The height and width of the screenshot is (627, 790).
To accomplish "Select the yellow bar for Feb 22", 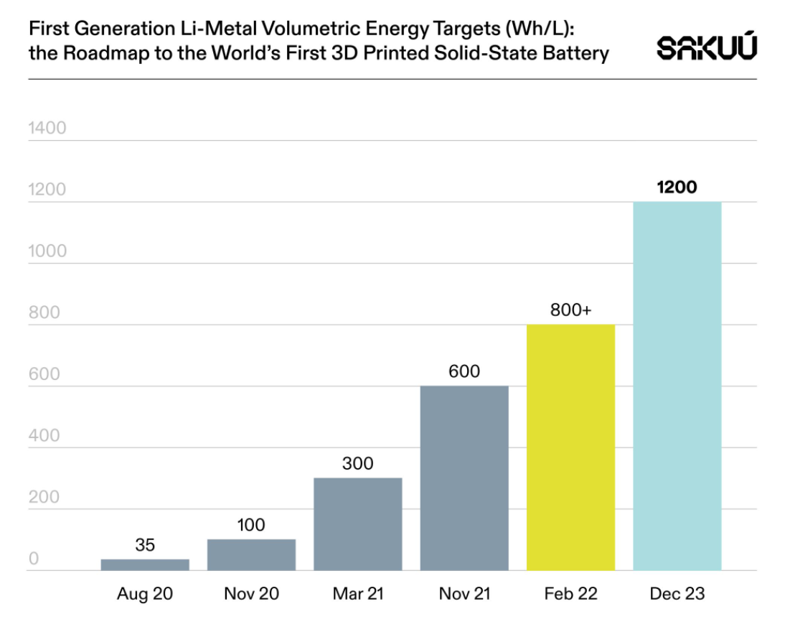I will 570,447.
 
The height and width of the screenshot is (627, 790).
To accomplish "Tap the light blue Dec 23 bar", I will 677,386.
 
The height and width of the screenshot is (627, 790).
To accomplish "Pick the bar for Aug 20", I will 145,565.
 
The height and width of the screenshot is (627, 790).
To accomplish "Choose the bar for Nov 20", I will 251,554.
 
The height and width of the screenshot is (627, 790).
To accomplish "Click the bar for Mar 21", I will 357,524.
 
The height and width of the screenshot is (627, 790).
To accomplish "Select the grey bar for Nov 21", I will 464,478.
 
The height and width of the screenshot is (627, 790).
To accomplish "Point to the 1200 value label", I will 677,187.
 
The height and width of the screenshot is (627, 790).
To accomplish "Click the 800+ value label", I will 570,310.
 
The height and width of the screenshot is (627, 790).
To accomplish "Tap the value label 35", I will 145,545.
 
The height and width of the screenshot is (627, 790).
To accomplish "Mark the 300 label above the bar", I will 357,463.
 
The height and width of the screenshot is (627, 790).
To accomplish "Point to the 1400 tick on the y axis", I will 47,129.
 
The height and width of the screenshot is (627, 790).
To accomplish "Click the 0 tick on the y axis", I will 33,559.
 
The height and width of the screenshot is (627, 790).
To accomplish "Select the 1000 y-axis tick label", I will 47,251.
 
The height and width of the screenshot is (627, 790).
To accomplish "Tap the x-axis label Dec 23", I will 677,594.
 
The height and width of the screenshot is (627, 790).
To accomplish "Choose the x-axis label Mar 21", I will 357,594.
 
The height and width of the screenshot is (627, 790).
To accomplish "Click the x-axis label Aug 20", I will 145,594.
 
